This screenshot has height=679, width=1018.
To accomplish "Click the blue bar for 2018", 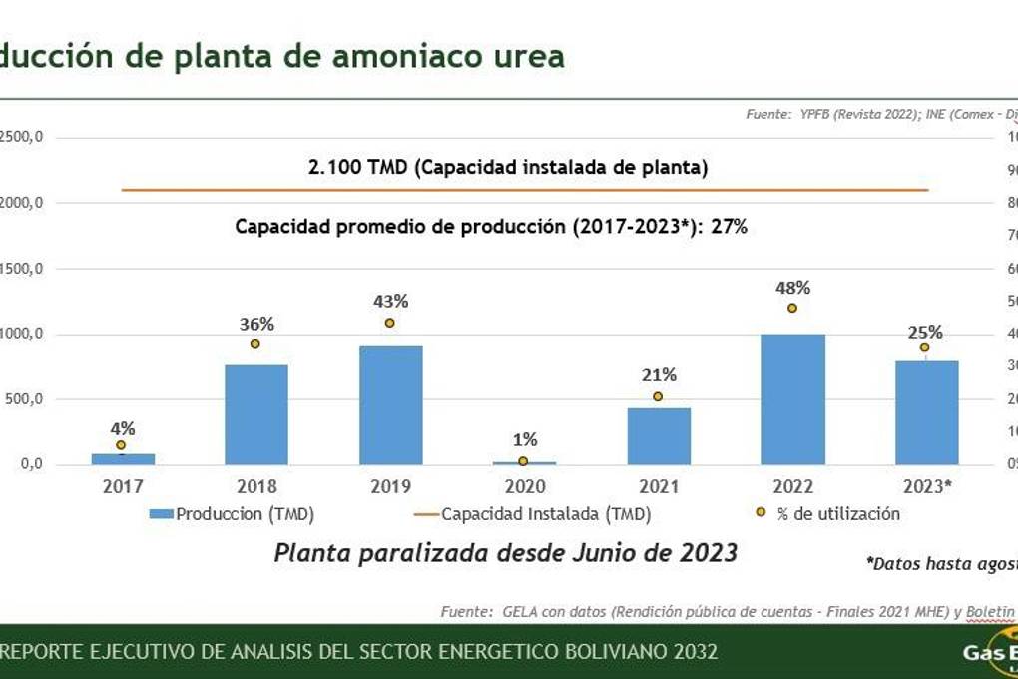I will [x=256, y=414].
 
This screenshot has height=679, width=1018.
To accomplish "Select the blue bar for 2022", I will [x=792, y=399].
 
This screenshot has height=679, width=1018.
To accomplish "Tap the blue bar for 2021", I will [x=659, y=436].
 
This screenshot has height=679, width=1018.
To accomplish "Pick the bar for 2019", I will [x=390, y=405].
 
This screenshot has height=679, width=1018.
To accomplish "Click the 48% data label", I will [x=792, y=288].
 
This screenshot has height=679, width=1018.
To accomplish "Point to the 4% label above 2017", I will [x=123, y=428].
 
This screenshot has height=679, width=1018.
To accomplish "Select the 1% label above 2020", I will [x=525, y=439].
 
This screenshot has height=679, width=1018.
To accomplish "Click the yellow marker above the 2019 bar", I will [x=390, y=323].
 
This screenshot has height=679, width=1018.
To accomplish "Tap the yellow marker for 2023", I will [x=925, y=347].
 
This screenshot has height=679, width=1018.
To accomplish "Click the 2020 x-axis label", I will [x=525, y=486].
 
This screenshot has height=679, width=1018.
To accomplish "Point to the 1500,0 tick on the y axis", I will [x=20, y=269].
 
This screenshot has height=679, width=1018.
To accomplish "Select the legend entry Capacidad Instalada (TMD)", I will [x=545, y=514].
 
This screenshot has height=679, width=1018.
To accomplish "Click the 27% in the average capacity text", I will [x=729, y=227].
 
